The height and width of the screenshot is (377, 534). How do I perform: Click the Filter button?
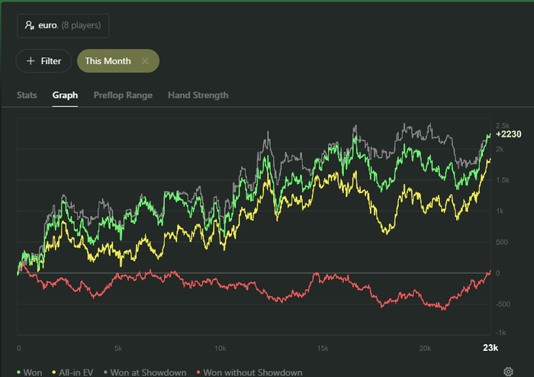(x=44, y=61)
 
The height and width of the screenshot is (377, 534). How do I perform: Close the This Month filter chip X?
(x=145, y=61)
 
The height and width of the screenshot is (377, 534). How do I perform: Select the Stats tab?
(x=27, y=95)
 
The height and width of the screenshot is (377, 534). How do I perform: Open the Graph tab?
(x=65, y=95)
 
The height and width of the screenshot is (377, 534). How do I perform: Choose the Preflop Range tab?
(x=123, y=95)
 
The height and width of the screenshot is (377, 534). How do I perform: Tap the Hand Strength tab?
(x=198, y=95)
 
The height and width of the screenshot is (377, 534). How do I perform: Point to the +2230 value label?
(x=507, y=134)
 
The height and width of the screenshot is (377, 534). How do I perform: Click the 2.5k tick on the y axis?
(x=502, y=125)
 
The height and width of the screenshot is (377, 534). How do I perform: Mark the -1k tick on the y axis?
(x=502, y=333)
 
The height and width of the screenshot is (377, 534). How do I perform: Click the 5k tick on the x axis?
(x=119, y=348)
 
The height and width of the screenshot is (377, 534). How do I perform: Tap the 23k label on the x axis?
(x=490, y=348)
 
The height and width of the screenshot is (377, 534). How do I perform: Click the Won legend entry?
(x=30, y=372)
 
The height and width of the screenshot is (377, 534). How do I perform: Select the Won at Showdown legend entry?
(x=146, y=372)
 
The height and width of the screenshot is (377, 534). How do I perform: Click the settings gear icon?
(x=508, y=372)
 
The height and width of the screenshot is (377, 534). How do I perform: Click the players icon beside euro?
(x=29, y=25)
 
